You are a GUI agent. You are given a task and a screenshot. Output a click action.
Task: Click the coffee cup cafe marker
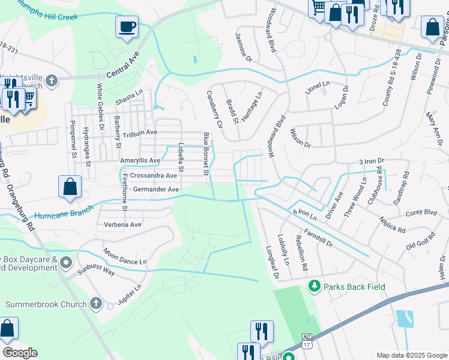tap(127, 27)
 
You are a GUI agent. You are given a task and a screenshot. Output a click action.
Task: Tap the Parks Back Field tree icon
tap(312, 287)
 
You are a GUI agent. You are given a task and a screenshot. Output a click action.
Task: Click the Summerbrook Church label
tap(46, 304)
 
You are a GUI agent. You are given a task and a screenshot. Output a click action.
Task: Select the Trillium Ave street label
tap(139, 132)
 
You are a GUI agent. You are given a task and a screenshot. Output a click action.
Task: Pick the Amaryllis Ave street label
tap(140, 161)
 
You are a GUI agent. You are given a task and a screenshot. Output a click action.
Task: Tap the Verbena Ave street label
tap(122, 224)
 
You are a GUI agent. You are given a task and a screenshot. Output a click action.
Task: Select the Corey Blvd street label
tap(421, 212)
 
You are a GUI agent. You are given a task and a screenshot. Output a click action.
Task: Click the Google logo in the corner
tap(20, 353)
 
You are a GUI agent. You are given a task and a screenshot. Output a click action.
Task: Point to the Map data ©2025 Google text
tap(411, 355)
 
